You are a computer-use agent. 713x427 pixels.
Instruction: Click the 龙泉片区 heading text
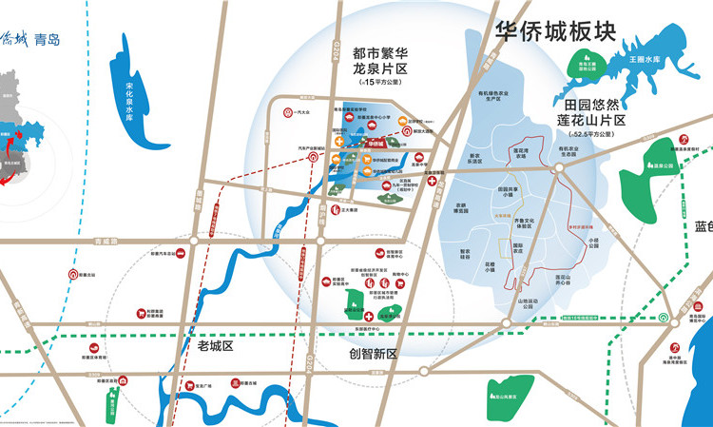[x=379, y=70]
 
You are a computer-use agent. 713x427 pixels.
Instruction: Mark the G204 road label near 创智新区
[x=311, y=363]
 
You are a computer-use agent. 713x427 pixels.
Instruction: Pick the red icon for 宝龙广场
[x=188, y=384]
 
